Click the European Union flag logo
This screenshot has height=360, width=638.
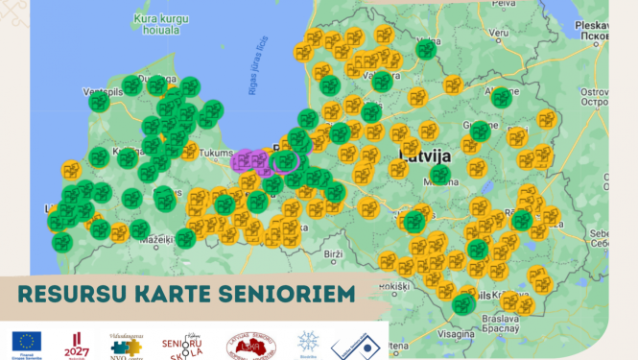point(26,343)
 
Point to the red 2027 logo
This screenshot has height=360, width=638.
point(77,343)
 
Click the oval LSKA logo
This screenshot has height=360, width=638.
point(250,344)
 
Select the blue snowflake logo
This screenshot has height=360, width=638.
point(308,343)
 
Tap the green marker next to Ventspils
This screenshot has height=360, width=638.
point(99,101)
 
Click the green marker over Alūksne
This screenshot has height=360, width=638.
point(501,97)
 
